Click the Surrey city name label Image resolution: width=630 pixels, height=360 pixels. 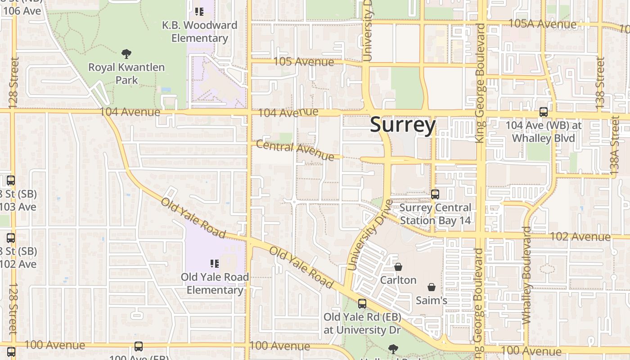click(402, 125)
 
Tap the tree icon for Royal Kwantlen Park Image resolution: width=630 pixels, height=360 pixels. click(126, 54)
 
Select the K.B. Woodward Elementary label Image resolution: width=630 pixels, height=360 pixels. click(199, 31)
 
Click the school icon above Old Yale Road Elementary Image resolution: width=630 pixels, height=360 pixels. click(215, 263)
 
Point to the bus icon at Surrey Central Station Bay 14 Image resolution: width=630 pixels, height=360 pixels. click(435, 194)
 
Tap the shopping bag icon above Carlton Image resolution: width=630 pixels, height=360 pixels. click(398, 267)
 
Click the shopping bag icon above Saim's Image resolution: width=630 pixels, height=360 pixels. click(432, 287)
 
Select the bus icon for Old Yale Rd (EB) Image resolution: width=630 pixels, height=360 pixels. click(362, 304)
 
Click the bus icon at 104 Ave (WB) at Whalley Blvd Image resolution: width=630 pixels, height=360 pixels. click(544, 112)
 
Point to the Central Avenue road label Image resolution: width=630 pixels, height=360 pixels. click(295, 150)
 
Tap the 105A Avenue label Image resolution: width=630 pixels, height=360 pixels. click(542, 24)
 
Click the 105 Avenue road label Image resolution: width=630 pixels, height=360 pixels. click(304, 61)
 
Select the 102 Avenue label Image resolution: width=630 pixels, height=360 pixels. click(580, 237)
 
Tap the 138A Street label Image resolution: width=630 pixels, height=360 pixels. click(615, 145)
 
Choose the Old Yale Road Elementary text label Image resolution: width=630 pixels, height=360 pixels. click(215, 283)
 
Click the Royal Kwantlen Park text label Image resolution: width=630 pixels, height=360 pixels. click(126, 74)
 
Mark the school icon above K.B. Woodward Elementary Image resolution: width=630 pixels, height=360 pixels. click(199, 12)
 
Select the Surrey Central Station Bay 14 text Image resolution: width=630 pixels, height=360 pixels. click(435, 214)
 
